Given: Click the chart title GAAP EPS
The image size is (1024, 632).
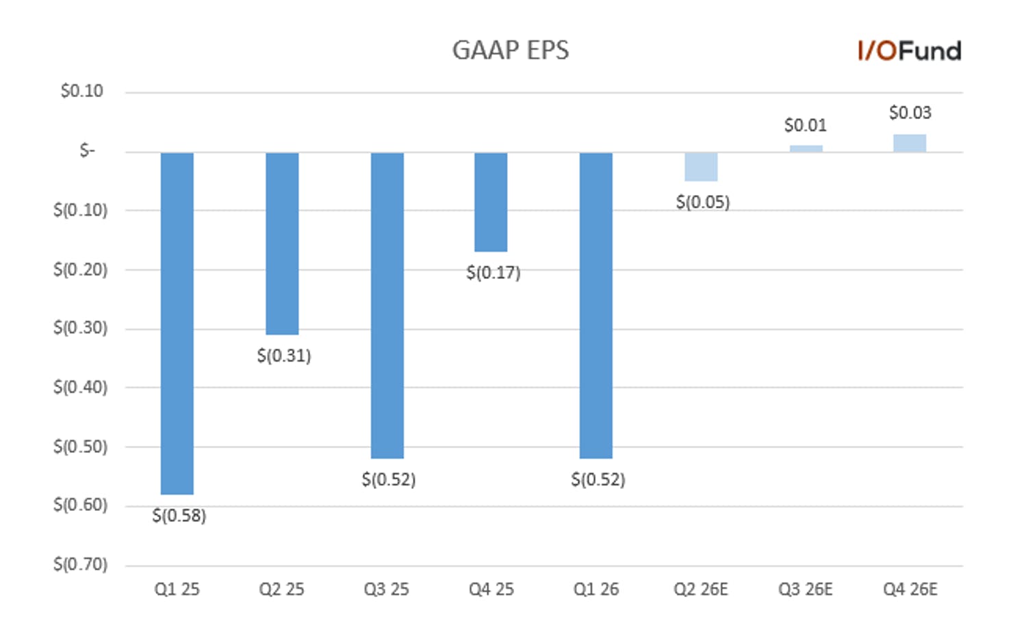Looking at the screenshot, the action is click(x=511, y=50).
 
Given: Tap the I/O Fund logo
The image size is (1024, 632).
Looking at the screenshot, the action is click(x=909, y=51).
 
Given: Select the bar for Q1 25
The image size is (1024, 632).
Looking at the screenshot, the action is click(x=177, y=324).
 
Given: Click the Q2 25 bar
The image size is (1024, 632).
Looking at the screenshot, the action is click(x=282, y=244).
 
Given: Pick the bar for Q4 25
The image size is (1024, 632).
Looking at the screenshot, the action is click(x=491, y=202).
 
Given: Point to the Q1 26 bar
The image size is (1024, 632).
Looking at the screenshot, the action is click(x=596, y=306).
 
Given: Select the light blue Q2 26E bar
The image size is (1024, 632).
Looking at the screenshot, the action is click(x=701, y=167).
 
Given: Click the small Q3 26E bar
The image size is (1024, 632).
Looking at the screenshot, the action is click(x=806, y=149).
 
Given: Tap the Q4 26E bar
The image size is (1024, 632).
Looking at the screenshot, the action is click(x=910, y=144).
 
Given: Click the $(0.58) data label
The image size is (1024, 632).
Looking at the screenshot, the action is click(x=179, y=516).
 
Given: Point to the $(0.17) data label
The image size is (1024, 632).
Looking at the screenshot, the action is click(x=494, y=273).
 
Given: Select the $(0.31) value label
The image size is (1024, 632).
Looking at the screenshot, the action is click(x=284, y=356).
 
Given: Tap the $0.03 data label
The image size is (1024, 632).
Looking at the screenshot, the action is click(x=910, y=113).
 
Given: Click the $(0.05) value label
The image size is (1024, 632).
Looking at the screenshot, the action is click(x=703, y=202).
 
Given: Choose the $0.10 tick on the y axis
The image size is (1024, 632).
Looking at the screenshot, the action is click(x=82, y=91).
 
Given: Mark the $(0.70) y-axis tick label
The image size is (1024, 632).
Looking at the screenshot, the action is click(x=81, y=565).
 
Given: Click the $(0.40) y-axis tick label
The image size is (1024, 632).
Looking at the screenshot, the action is click(x=81, y=388).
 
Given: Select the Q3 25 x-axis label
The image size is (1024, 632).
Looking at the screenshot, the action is click(x=386, y=590).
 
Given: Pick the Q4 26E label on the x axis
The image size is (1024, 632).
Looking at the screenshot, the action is click(x=910, y=590).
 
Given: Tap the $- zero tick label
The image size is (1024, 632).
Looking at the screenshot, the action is click(x=88, y=150).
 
